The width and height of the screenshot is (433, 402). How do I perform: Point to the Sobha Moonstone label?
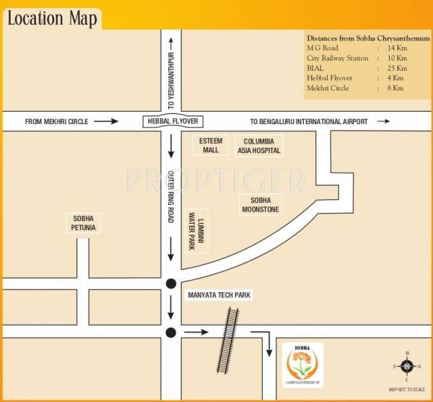(x=260, y=204)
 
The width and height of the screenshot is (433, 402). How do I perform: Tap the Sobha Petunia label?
(x=84, y=222)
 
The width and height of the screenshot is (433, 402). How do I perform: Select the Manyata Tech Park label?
(x=219, y=296)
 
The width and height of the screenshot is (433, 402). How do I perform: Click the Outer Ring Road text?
(x=172, y=195)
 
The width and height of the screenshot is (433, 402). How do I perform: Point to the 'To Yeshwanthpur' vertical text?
(x=171, y=79)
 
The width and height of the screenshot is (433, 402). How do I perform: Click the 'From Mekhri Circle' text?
(x=56, y=121)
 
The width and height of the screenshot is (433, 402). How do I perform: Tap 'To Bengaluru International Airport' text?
(x=309, y=121)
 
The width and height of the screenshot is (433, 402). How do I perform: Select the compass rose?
(x=406, y=365)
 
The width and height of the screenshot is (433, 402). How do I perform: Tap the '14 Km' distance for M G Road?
(x=397, y=48)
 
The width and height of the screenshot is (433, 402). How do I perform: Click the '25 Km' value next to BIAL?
(x=397, y=68)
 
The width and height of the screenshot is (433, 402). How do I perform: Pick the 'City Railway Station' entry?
(x=337, y=58)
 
